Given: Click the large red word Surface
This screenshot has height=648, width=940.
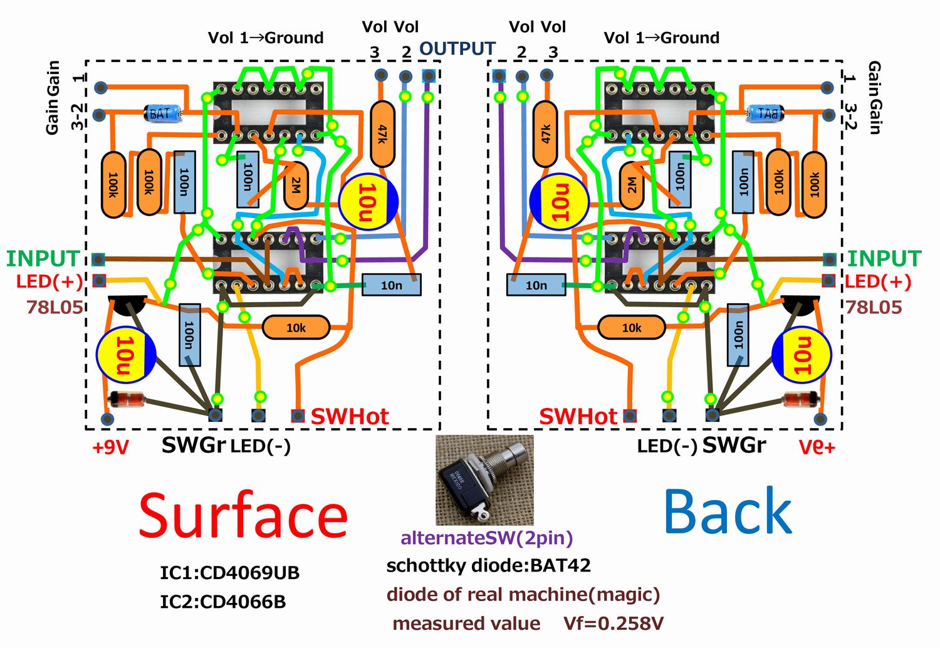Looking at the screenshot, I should point(243,516).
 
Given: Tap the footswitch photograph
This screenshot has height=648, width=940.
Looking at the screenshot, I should point(484,480).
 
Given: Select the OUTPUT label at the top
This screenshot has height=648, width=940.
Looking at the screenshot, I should point(457,49).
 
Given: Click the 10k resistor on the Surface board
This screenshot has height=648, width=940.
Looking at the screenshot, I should point(296,327).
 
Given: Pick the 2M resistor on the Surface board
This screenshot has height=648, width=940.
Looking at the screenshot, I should point(296,185).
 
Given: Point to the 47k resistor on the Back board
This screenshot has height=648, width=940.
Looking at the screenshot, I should point(546,133).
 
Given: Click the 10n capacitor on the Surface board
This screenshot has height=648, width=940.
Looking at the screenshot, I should point(391,285).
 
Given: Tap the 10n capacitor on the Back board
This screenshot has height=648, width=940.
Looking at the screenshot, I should point(536,285).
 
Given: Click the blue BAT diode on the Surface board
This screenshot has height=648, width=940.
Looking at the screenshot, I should point(160,113).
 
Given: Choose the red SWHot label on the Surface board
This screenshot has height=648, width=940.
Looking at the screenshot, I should point(350,417).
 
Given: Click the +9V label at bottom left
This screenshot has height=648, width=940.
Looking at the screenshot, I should point(110,447).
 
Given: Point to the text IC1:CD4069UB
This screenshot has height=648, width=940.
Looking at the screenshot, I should point(229,573).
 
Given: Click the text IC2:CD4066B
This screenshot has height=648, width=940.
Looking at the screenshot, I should point(222,602).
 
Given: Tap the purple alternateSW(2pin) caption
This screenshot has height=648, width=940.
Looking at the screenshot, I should point(486,538).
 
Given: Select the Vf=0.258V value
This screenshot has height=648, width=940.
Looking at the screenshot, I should point(613,624).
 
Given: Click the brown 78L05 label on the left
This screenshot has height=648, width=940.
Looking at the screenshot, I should point(54,307).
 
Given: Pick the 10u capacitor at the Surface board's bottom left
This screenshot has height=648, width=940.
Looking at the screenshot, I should point(125,355).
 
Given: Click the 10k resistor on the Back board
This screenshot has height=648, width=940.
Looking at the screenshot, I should point(631,327).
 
